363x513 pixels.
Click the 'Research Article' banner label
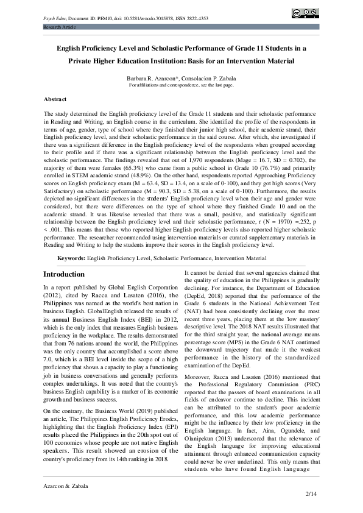click(x=59, y=28)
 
